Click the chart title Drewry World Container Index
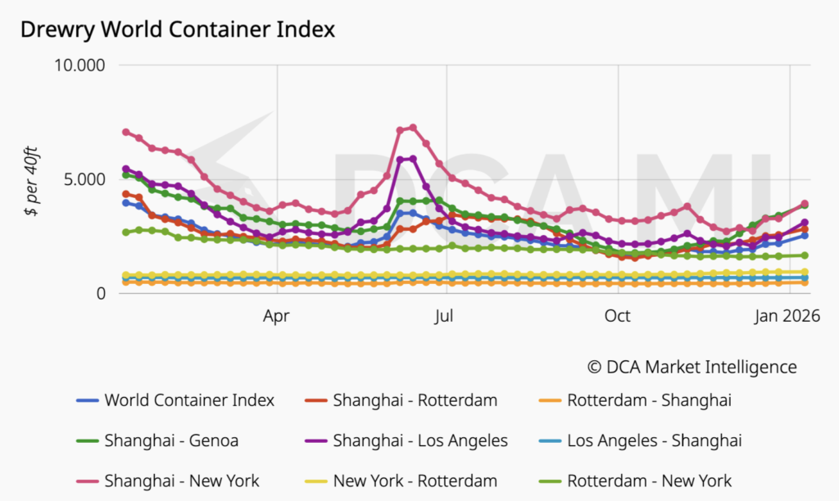tap(178, 29)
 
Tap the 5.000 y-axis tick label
tap(86, 179)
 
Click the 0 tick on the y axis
tap(102, 293)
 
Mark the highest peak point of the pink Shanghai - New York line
tap(413, 128)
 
